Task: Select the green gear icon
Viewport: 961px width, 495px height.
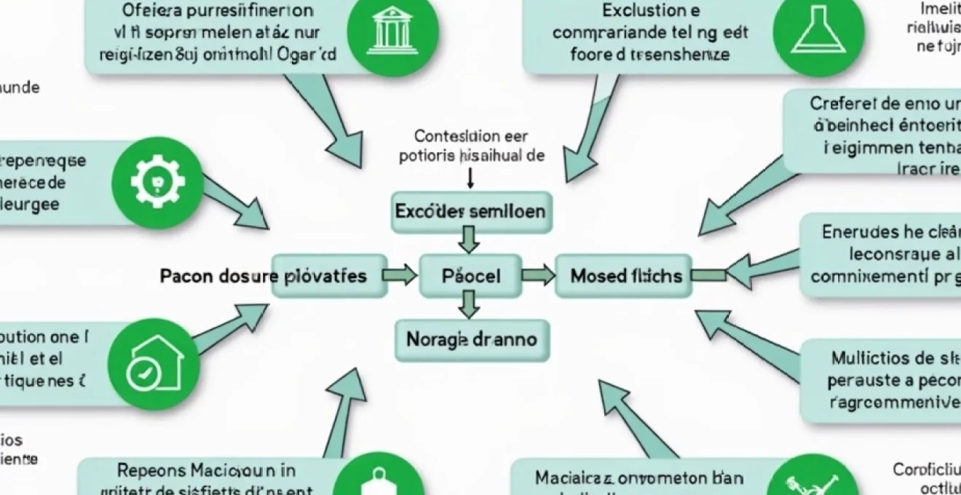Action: pyautogui.click(x=157, y=180)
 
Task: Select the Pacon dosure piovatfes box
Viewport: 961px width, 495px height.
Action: pyautogui.click(x=329, y=276)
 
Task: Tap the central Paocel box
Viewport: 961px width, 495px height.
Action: pyautogui.click(x=471, y=276)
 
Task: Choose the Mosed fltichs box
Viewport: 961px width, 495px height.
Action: pyautogui.click(x=622, y=276)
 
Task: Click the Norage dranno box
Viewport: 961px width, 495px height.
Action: pyautogui.click(x=471, y=340)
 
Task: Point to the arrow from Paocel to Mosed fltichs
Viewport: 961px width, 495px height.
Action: pyautogui.click(x=538, y=276)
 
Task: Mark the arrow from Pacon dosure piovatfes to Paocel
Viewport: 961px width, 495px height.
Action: pyautogui.click(x=400, y=276)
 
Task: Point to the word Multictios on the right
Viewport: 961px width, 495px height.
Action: pyautogui.click(x=872, y=357)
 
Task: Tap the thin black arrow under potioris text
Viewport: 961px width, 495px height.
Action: pyautogui.click(x=470, y=177)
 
